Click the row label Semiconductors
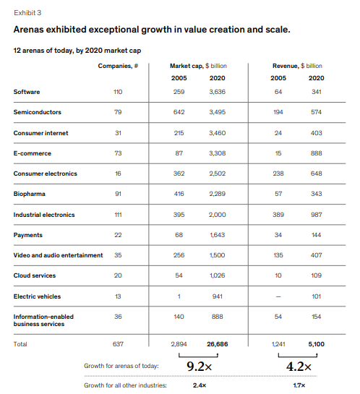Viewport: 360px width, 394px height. (37, 112)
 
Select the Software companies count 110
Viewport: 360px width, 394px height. (118, 92)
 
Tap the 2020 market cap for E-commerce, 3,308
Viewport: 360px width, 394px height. (217, 153)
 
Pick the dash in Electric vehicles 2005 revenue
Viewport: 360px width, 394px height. (278, 296)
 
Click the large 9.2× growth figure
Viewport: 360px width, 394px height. (198, 367)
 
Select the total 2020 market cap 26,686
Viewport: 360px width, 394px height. (217, 344)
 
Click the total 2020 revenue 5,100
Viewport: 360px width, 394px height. (316, 344)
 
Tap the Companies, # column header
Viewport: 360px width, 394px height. (117, 66)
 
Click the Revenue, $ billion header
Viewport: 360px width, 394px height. (297, 66)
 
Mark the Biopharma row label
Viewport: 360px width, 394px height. (29, 194)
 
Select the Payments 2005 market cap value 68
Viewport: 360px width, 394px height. (179, 235)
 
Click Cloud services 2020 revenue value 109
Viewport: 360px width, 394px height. (316, 275)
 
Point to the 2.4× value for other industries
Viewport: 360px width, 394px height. (199, 385)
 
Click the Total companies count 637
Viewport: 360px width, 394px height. (118, 344)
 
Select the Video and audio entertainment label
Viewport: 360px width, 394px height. (58, 255)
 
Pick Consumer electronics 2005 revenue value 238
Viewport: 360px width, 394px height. (278, 174)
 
